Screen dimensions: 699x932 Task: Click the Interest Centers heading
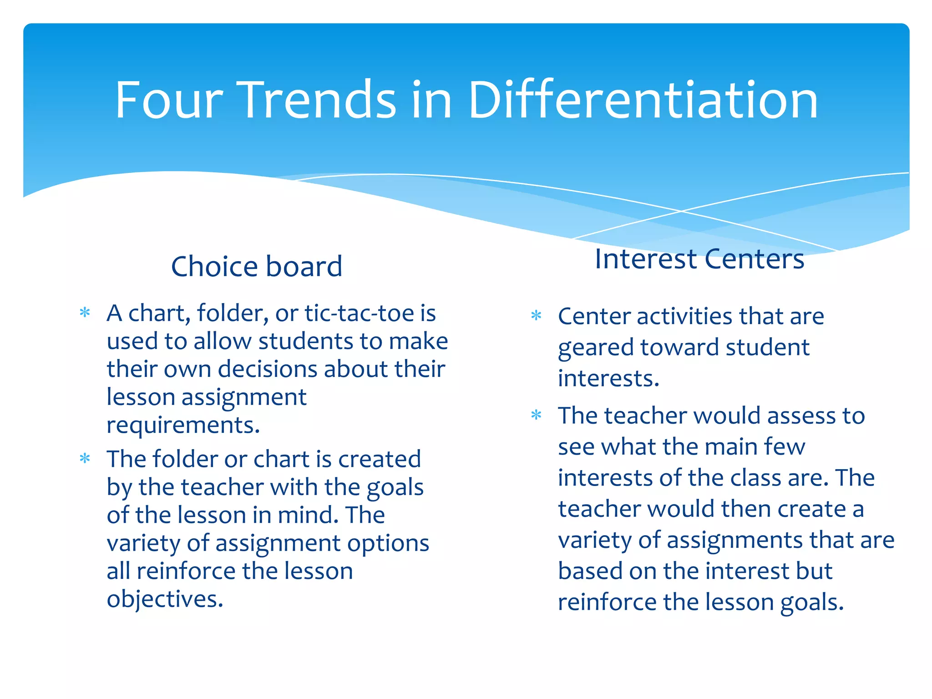[699, 259]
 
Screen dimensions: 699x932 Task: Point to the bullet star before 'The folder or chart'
[85, 458]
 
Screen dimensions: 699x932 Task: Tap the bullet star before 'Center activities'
[537, 315]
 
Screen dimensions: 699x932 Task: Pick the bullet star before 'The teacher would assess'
[537, 415]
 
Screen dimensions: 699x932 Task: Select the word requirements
[183, 425]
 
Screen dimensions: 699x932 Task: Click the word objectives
[165, 599]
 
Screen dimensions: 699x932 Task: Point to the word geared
[596, 348]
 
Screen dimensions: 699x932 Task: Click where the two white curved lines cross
[681, 211]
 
